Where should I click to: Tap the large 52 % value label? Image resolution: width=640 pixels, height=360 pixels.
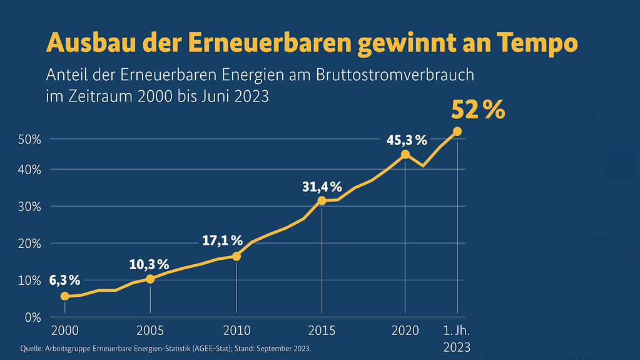[478, 110]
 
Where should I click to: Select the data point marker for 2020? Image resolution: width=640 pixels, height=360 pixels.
[405, 154]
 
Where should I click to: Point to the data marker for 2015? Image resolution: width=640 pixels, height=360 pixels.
[322, 200]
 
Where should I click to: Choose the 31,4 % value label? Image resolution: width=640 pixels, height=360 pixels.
[322, 187]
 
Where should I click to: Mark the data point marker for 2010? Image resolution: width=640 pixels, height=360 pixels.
[236, 256]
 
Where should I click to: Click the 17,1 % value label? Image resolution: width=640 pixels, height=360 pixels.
[222, 240]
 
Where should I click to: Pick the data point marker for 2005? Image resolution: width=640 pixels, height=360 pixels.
[150, 279]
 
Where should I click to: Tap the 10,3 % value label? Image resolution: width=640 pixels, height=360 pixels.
[149, 264]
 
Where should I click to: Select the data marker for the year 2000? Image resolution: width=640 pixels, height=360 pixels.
[64, 296]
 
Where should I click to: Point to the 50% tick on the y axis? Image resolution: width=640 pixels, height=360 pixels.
[30, 139]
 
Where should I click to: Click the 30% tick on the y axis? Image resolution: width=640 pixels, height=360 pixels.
[30, 207]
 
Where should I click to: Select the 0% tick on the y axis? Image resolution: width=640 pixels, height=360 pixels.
[33, 317]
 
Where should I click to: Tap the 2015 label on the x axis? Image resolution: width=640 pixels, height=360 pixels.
[322, 330]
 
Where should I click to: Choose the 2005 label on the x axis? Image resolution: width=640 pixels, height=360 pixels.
[150, 330]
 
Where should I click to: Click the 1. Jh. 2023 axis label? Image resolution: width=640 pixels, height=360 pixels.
[457, 338]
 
